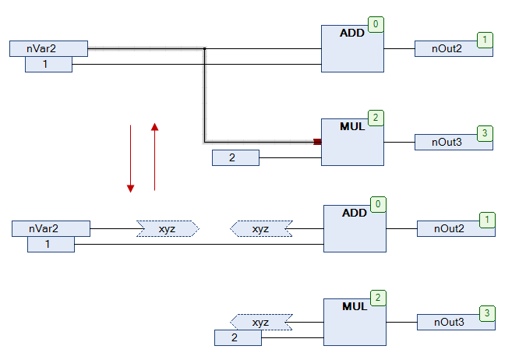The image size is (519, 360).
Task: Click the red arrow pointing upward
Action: tap(155, 156)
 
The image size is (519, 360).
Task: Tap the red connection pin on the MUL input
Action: tap(317, 142)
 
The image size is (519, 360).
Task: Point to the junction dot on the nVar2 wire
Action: tap(204, 49)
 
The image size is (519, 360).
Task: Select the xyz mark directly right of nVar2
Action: tap(168, 228)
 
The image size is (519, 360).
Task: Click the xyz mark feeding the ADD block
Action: tap(261, 228)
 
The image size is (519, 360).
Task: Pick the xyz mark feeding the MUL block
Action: tap(261, 322)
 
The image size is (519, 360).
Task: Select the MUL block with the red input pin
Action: tap(352, 142)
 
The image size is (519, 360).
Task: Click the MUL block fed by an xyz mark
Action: tap(355, 322)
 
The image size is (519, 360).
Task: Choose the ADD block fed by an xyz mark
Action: tap(355, 228)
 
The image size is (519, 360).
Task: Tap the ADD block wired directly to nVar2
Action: tap(352, 48)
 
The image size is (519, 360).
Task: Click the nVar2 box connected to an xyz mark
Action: tap(51, 228)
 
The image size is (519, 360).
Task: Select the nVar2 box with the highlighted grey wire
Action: tap(48, 49)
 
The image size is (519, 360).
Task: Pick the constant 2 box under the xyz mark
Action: tap(238, 337)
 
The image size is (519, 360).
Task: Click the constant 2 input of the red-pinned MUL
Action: tap(235, 158)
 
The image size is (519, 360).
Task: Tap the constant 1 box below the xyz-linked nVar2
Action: tap(51, 245)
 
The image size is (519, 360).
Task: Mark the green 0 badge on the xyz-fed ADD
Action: tap(377, 205)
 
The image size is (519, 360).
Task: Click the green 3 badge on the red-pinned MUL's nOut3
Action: tap(485, 133)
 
